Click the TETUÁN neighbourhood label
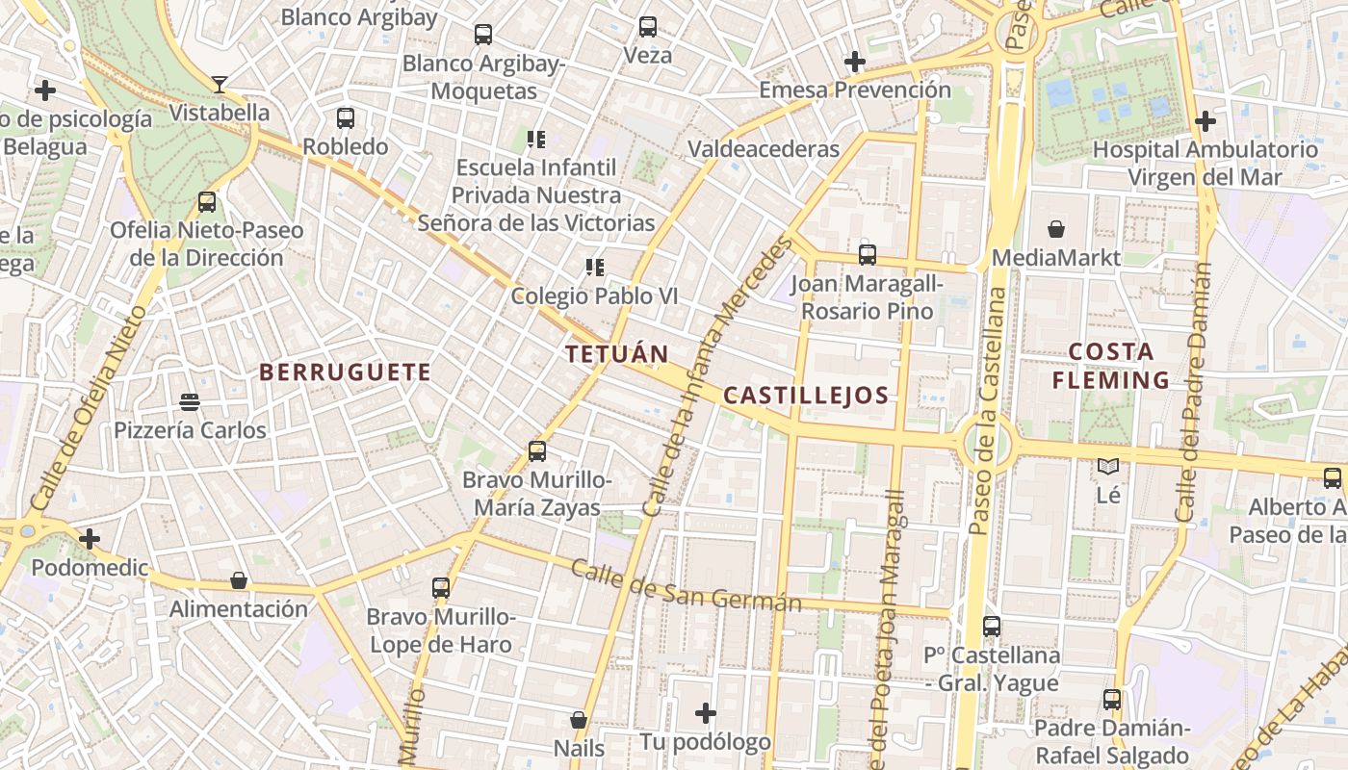[x=616, y=354]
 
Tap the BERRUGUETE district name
[x=345, y=372]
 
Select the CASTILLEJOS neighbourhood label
[x=805, y=396]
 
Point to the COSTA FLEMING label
[x=1110, y=366]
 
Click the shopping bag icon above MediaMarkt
[x=1056, y=229]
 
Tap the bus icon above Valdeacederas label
[x=648, y=27]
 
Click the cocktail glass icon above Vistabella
[x=220, y=85]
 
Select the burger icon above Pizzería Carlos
[x=190, y=401]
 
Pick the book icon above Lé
[x=1108, y=467]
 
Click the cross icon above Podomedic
[x=90, y=539]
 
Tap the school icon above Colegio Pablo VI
[x=594, y=267]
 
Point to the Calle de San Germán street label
[x=686, y=584]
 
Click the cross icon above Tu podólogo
[x=706, y=713]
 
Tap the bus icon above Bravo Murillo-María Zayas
[x=537, y=450]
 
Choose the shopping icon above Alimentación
[x=239, y=580]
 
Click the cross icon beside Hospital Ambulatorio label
[x=1205, y=121]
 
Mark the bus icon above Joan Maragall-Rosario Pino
[x=868, y=255]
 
